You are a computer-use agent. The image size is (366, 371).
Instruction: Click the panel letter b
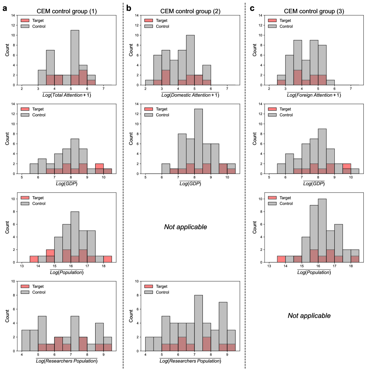[129, 8]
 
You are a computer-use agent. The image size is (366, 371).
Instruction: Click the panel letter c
[252, 8]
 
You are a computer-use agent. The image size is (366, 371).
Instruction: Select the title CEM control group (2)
[190, 11]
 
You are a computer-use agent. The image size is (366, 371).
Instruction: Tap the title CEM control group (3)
[314, 11]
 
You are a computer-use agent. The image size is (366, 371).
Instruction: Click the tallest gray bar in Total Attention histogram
[75, 55]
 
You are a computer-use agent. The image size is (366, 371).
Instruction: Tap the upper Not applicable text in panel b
[186, 227]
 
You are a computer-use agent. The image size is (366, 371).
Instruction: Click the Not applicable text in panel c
[309, 316]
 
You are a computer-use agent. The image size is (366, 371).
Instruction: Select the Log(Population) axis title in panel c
[314, 272]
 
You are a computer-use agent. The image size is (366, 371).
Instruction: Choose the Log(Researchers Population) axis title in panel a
[67, 361]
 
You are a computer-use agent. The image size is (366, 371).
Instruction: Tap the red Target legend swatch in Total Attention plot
[25, 20]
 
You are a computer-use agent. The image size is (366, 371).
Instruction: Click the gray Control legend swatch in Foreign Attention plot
[272, 26]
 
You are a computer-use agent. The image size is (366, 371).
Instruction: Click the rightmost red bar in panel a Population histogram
[108, 259]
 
